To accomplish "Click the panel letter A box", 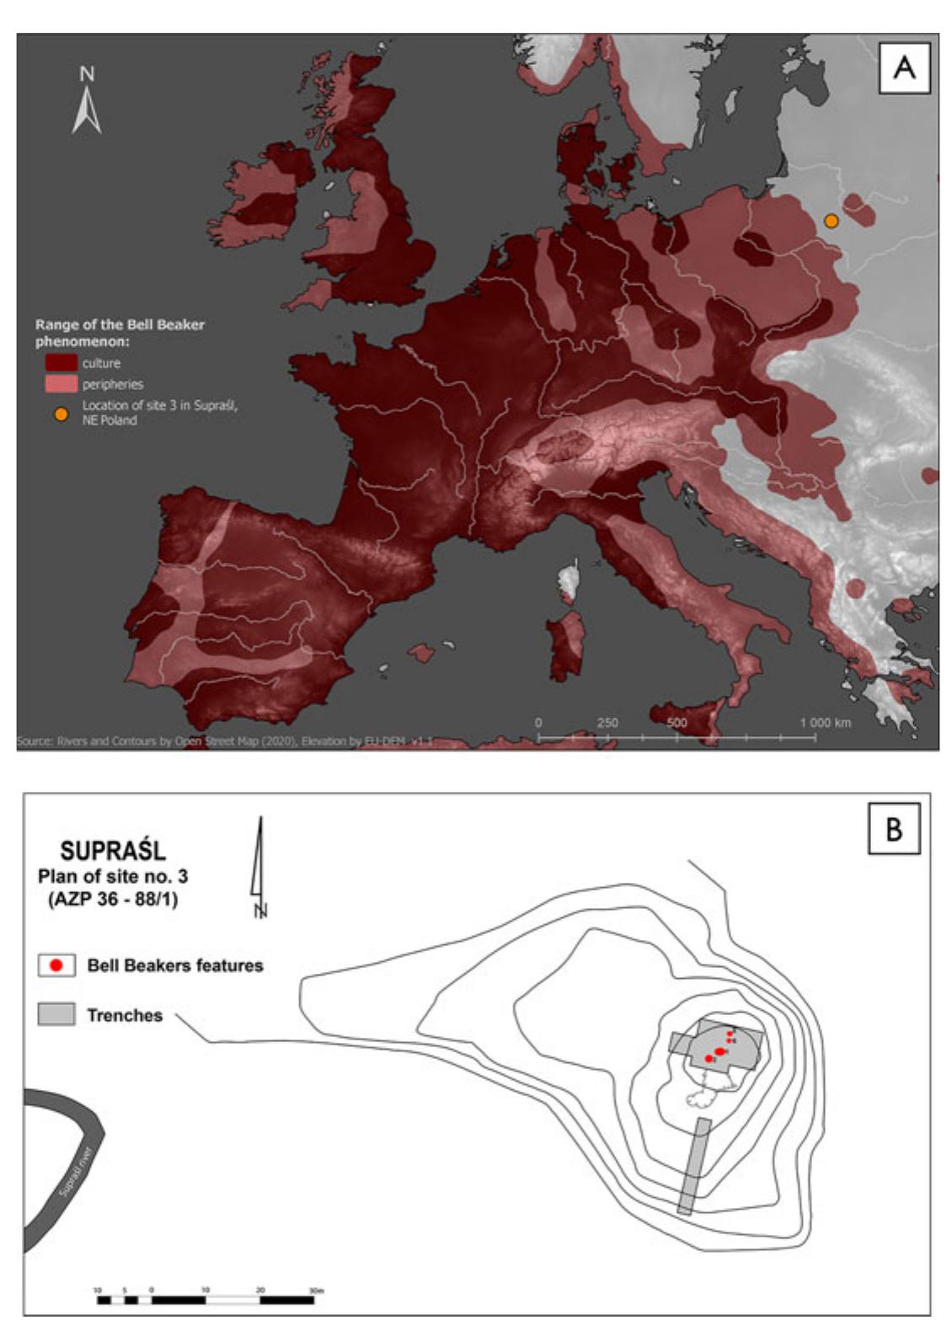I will [x=904, y=67].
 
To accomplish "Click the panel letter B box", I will [x=893, y=828].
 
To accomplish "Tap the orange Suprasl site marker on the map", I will [x=831, y=221].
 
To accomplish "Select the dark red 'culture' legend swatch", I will [x=61, y=363].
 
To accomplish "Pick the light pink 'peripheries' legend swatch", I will [x=61, y=384].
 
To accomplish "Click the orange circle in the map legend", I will [x=61, y=414].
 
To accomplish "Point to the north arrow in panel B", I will [x=259, y=863].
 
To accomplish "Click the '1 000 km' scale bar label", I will [x=825, y=723].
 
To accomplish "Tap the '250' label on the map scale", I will [x=607, y=723].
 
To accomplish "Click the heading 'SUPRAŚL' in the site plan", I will [x=113, y=851].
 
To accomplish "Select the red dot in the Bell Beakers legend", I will [x=56, y=965].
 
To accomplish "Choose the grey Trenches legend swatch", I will [x=56, y=1014].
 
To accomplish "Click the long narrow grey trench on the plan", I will [x=694, y=1167].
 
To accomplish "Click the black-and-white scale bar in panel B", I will [x=206, y=1300].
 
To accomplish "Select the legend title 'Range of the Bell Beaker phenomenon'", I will [x=120, y=333].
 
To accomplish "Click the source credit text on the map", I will [x=224, y=741].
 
